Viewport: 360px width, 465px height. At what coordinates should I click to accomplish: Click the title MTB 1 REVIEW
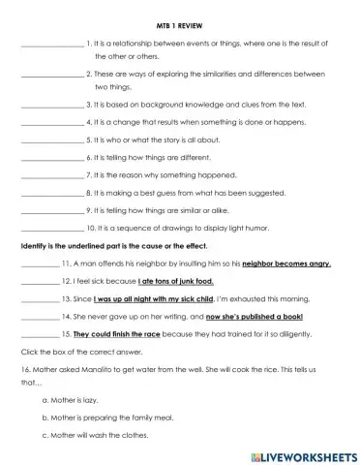(179, 26)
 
